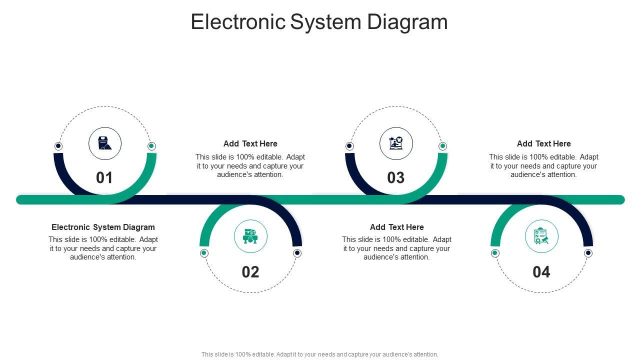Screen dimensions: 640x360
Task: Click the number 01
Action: click(x=104, y=177)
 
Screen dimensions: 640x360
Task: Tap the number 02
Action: click(x=250, y=271)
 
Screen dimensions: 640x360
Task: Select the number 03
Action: click(x=396, y=177)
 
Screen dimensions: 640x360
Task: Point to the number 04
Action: click(x=541, y=271)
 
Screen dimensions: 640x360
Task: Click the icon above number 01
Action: click(x=105, y=143)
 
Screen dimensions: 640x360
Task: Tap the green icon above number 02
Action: click(x=250, y=236)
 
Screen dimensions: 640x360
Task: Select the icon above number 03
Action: click(x=396, y=143)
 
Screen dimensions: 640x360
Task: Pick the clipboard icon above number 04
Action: click(x=541, y=236)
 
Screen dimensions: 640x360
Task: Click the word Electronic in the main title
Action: click(x=238, y=22)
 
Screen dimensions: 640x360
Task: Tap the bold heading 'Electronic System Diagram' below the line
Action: click(x=103, y=227)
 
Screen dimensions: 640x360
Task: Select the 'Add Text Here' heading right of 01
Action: click(x=250, y=143)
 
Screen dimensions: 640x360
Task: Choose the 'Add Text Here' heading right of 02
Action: click(x=397, y=227)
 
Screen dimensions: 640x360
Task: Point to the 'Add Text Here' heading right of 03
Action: click(x=544, y=143)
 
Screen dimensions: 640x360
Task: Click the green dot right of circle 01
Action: click(x=151, y=146)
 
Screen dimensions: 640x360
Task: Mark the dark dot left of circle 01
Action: click(x=58, y=146)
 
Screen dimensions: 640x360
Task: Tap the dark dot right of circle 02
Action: click(x=297, y=253)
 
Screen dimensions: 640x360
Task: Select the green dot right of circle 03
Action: click(x=442, y=146)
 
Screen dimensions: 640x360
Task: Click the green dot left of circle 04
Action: click(x=495, y=253)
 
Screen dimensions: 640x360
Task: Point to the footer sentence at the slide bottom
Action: click(x=320, y=354)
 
